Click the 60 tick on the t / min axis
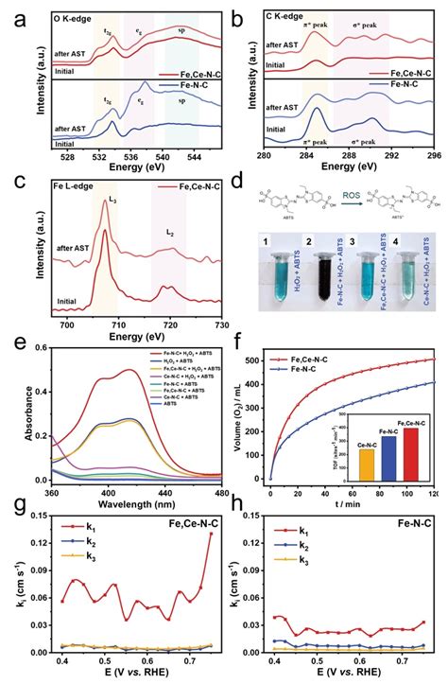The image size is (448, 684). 355,494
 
